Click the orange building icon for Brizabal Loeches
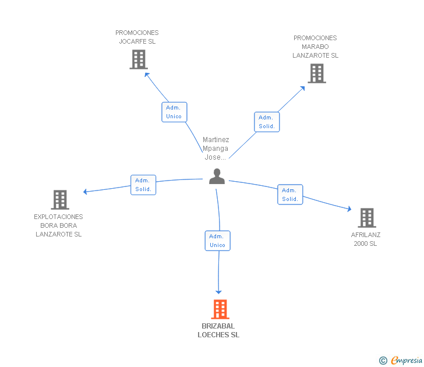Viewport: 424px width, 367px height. (220, 309)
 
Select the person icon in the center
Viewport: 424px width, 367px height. (217, 177)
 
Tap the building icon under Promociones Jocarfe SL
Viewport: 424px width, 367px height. (139, 59)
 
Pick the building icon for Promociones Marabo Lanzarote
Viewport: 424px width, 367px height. (317, 73)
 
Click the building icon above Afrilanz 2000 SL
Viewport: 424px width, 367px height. (367, 218)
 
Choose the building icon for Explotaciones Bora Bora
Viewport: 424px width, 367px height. (60, 200)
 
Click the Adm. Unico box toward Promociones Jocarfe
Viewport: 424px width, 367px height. (174, 112)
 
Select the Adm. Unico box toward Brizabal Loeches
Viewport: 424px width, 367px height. (218, 241)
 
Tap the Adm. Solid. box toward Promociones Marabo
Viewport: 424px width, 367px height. (267, 122)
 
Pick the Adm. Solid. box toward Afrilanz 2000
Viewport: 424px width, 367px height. (290, 195)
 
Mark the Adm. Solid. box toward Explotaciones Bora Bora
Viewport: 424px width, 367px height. (143, 185)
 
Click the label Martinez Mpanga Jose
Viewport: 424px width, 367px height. (215, 149)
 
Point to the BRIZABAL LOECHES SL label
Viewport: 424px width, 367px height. (218, 330)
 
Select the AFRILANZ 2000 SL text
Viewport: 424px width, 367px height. (366, 239)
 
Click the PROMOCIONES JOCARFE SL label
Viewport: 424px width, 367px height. (137, 37)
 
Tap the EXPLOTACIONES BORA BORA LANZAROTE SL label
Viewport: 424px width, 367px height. (58, 225)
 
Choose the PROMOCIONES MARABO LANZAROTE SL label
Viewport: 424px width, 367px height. (315, 47)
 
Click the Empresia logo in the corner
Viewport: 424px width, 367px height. (401, 361)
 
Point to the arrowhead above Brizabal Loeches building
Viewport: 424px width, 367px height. (218, 292)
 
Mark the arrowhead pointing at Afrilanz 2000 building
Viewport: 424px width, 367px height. (349, 209)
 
